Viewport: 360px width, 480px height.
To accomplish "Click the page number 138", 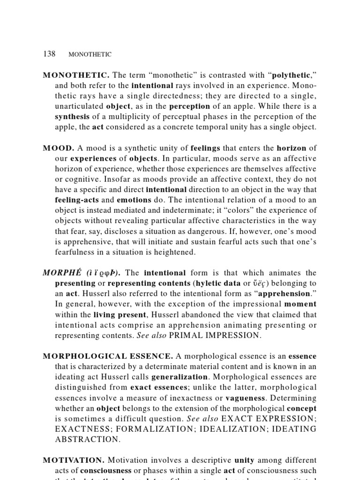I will click(49, 54).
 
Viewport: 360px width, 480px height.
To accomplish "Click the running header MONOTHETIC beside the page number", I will click(90, 54).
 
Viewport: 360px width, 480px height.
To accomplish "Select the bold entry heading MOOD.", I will click(56, 148).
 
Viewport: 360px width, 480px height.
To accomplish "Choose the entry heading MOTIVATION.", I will click(73, 460).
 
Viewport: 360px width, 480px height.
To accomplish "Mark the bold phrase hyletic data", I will click(203, 283).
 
